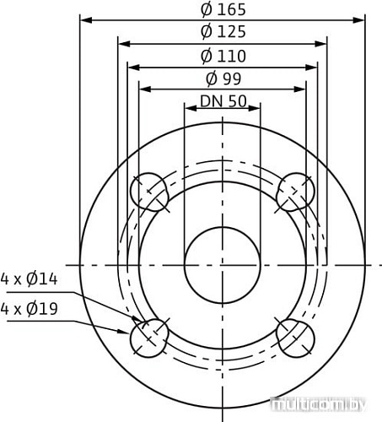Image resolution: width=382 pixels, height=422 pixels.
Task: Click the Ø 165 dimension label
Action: coord(223,9)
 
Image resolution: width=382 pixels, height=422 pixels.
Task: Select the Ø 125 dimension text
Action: coord(223,31)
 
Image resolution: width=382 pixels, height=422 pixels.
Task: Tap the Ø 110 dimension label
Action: coord(223,56)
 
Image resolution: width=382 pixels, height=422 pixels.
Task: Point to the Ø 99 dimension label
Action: coord(223,78)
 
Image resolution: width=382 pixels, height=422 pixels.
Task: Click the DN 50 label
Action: coord(223,101)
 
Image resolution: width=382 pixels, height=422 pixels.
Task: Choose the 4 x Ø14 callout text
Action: coord(29,279)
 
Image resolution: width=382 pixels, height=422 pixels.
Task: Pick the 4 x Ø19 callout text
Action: coord(29,309)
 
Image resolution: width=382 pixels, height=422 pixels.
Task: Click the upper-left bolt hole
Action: coord(149,192)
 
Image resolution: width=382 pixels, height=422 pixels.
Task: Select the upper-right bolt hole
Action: coord(295,192)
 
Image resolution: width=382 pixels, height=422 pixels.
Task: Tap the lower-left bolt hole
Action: coord(149,338)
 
